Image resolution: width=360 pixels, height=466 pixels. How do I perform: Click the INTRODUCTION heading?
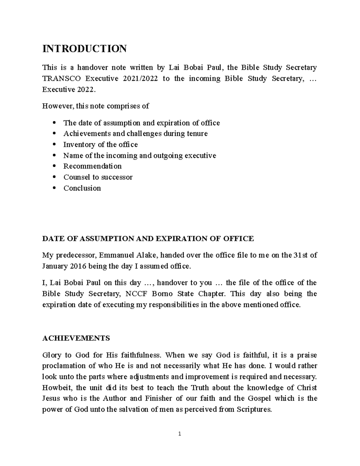pos(84,49)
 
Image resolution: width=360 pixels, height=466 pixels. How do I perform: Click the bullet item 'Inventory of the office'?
pos(100,145)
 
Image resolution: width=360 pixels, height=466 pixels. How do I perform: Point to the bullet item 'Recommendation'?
pos(92,166)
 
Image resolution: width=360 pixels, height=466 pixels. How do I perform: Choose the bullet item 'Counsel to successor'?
pos(98,177)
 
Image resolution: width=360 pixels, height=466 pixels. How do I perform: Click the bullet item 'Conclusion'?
pos(82,188)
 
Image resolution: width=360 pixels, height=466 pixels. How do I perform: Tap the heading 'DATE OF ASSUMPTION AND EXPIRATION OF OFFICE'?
pos(148,239)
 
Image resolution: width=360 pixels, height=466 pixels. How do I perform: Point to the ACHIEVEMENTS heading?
pos(76,338)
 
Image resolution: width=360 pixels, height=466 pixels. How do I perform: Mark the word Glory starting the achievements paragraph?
pos(52,355)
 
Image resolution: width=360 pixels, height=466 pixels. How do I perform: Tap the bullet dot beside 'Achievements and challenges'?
pos(54,134)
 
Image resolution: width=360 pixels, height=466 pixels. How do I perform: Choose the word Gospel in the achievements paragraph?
pos(259,398)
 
